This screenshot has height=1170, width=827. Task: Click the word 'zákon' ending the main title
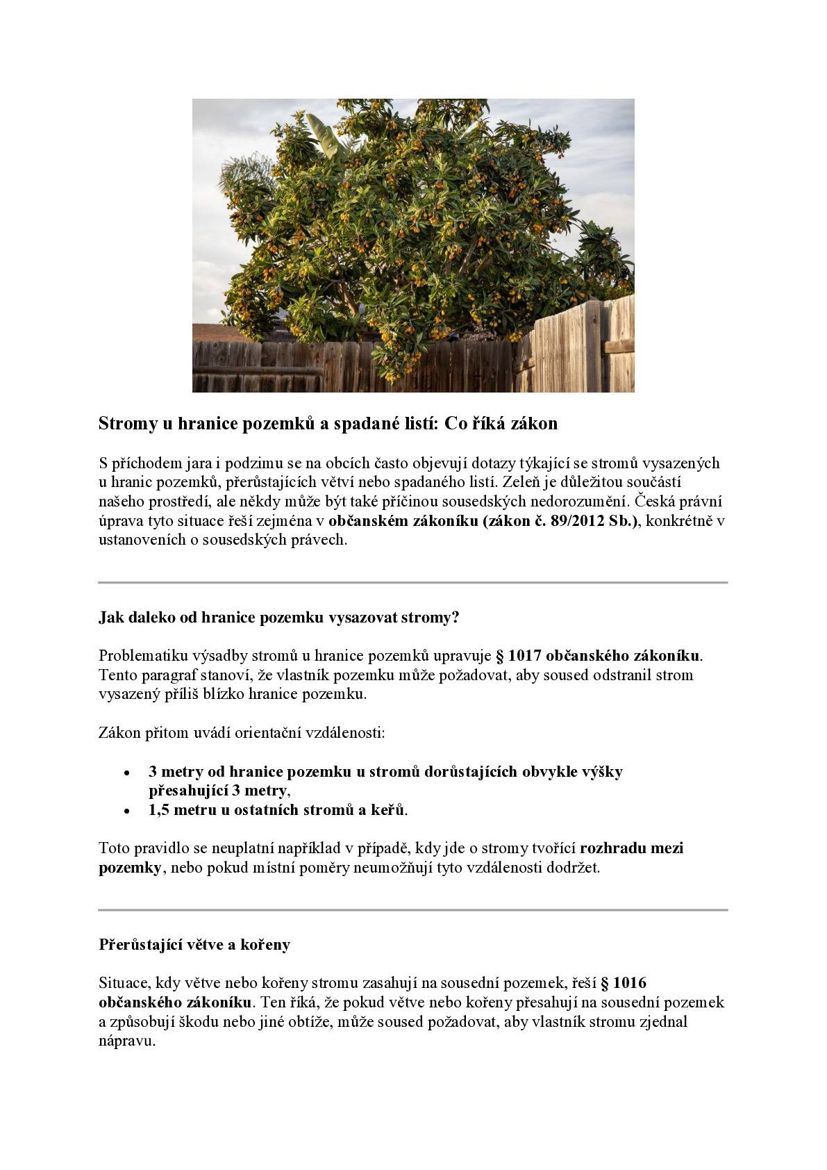(x=534, y=423)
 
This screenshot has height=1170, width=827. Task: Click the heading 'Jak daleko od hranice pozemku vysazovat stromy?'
(x=279, y=618)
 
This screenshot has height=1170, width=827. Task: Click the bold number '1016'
(x=630, y=983)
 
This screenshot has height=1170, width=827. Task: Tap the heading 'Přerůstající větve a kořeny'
(x=194, y=945)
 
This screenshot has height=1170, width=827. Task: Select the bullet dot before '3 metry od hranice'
(x=126, y=773)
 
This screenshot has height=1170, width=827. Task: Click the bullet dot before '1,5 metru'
(x=126, y=811)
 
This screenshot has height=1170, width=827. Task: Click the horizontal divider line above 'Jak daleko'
(x=413, y=582)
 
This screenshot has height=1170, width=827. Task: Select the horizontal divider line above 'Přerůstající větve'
(x=413, y=909)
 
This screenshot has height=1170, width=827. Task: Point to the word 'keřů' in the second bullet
(x=390, y=810)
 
